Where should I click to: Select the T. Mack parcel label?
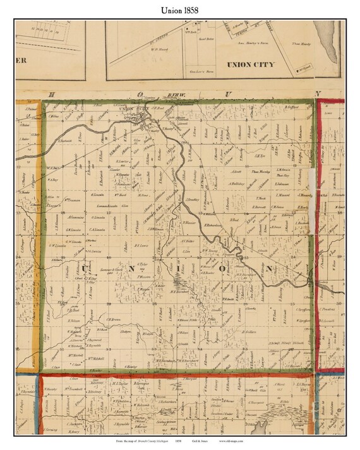(260, 198)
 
